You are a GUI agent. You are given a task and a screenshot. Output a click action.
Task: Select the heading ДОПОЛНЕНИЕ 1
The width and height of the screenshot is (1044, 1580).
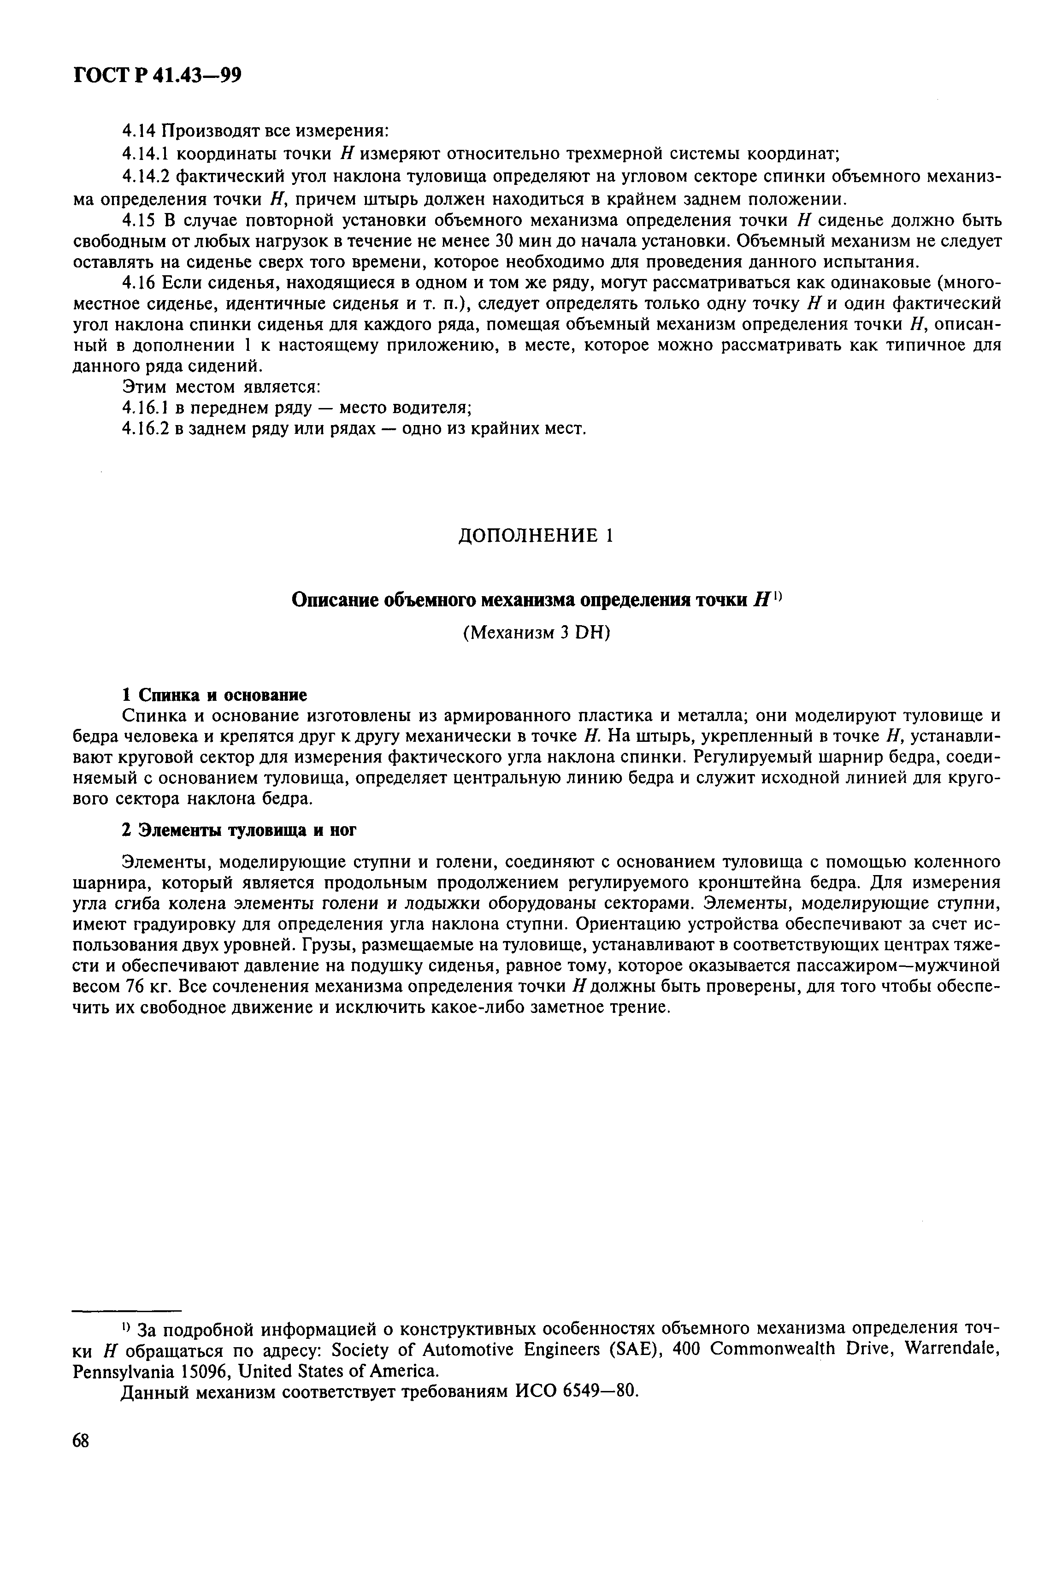point(535,535)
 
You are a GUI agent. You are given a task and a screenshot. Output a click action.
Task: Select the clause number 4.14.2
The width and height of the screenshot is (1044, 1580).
point(147,177)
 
